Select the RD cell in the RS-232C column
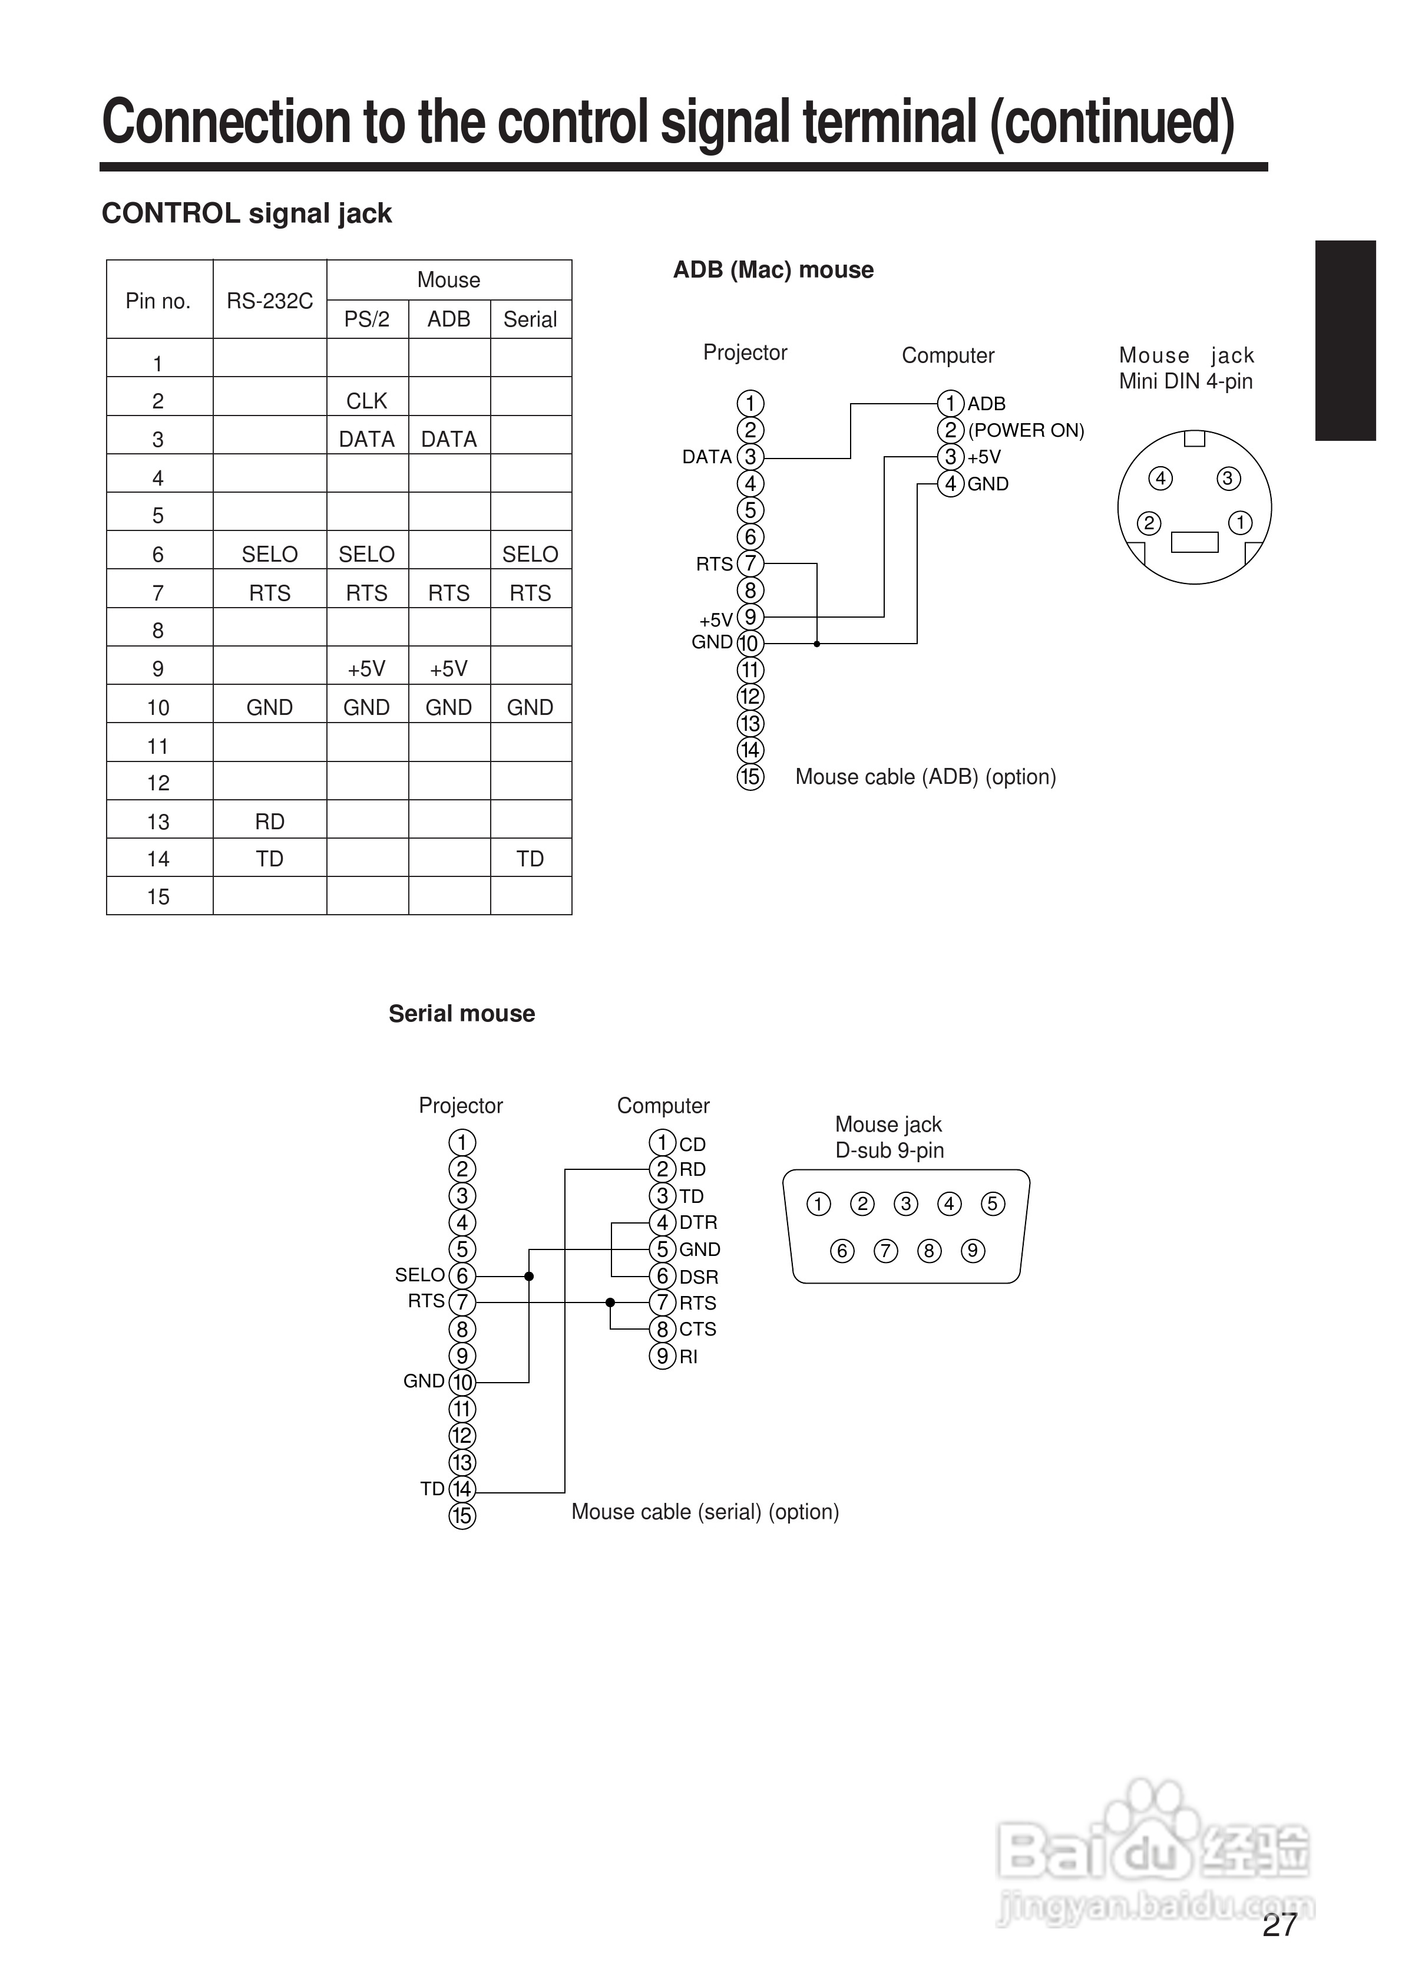pyautogui.click(x=270, y=822)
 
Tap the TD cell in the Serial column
pyautogui.click(x=530, y=859)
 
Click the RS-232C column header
pyautogui.click(x=270, y=301)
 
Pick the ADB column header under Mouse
pyautogui.click(x=449, y=319)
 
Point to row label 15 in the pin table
pyautogui.click(x=158, y=896)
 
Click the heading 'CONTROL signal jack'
pyautogui.click(x=246, y=213)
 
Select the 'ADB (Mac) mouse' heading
pyautogui.click(x=773, y=270)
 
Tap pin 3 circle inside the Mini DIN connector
pyautogui.click(x=1228, y=478)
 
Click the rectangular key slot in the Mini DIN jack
pyautogui.click(x=1193, y=542)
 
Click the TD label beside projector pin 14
pyautogui.click(x=432, y=1489)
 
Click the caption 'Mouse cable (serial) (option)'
pyautogui.click(x=705, y=1511)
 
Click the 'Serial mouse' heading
pyautogui.click(x=462, y=1013)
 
